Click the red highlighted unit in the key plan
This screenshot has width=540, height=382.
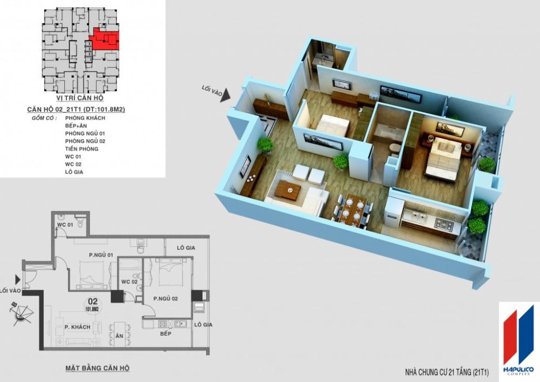(x=105, y=40)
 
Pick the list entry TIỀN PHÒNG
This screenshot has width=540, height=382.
(x=82, y=149)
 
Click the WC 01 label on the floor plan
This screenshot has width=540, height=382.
(x=65, y=224)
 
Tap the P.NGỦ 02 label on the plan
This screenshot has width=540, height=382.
(x=165, y=298)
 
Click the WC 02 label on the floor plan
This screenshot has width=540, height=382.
(x=129, y=282)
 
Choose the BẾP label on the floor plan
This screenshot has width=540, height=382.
(x=165, y=335)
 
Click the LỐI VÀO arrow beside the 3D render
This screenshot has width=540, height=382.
(x=225, y=95)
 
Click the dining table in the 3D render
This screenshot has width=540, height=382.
(x=354, y=209)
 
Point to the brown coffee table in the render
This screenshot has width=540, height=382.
(x=287, y=190)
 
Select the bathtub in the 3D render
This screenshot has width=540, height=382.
(x=386, y=131)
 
